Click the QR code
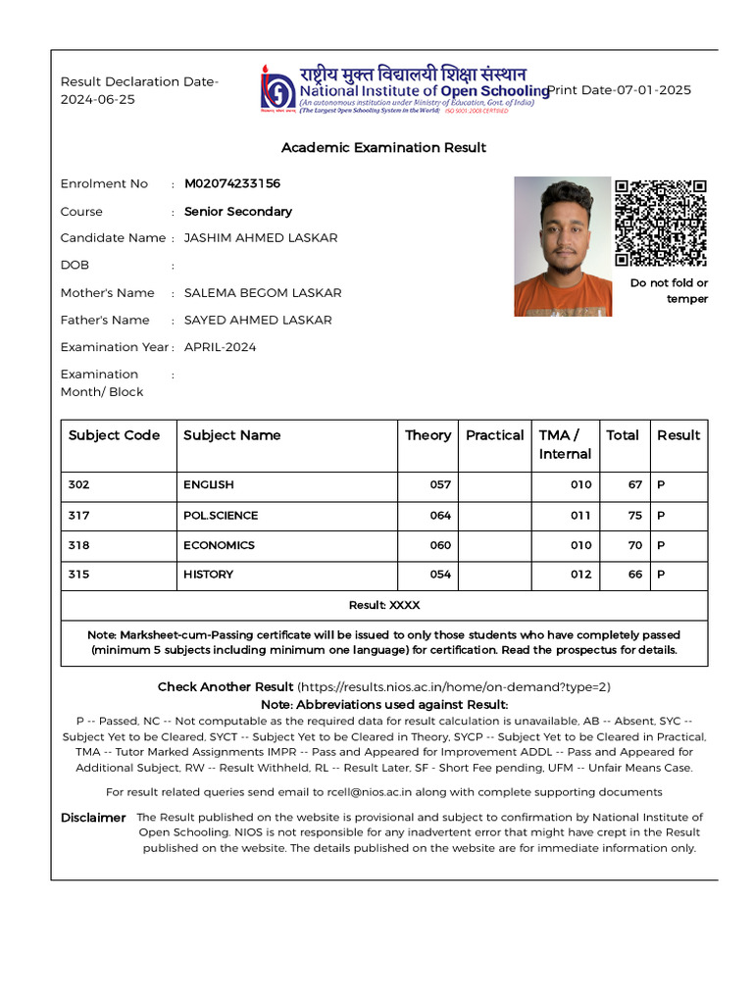661,223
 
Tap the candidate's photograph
563,246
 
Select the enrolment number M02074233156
232,183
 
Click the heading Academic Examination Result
383,147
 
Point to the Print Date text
619,90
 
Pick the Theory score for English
440,485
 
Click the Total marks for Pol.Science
634,516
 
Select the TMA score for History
580,575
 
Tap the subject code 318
79,545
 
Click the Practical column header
494,435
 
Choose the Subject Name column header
231,435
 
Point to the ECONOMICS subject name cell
219,545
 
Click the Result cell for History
661,575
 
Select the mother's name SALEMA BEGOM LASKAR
263,293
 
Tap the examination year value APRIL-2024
220,347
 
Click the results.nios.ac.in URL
454,687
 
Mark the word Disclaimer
93,818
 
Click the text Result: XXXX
383,605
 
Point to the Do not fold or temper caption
669,291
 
